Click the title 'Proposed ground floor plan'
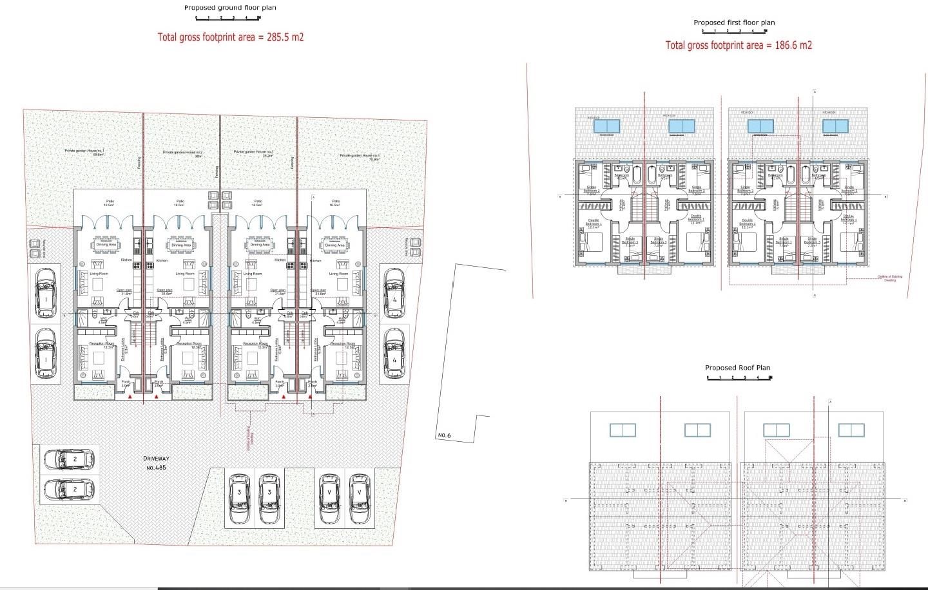click(229, 8)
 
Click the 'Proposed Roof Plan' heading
click(737, 368)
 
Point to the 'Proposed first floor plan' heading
click(734, 23)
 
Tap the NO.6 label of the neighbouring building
click(445, 435)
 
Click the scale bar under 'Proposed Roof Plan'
click(739, 377)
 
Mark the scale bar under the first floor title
click(734, 31)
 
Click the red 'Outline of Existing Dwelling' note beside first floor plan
click(889, 278)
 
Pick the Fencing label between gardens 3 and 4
click(291, 162)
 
